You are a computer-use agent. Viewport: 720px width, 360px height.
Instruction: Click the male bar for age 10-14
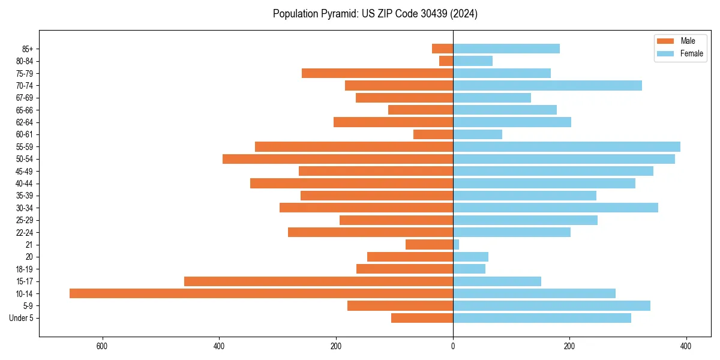261,293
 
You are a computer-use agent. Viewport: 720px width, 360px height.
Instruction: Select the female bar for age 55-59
566,147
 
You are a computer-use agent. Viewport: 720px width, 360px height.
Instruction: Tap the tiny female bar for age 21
456,245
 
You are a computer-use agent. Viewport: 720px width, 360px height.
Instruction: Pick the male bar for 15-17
319,281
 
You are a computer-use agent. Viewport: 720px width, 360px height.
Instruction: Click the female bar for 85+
506,49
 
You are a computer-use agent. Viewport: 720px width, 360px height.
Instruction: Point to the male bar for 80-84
446,61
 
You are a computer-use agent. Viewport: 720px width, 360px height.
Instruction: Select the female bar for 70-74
547,86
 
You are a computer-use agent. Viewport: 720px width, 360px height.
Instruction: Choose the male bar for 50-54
338,159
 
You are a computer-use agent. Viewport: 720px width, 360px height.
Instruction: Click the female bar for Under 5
542,318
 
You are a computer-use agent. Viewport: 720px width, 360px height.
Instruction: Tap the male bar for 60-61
433,134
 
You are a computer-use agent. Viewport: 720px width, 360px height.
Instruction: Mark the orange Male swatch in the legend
665,41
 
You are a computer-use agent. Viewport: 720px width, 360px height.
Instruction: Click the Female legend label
691,53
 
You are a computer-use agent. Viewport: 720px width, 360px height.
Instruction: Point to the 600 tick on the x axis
102,346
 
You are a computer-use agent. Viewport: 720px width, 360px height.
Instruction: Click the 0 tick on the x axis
453,346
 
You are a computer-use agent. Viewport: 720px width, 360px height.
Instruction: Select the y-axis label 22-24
24,233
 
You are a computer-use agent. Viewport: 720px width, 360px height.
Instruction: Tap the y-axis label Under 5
21,318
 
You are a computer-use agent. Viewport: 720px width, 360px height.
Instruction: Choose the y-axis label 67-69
24,98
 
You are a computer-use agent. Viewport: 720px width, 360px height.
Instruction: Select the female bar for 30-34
556,208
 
